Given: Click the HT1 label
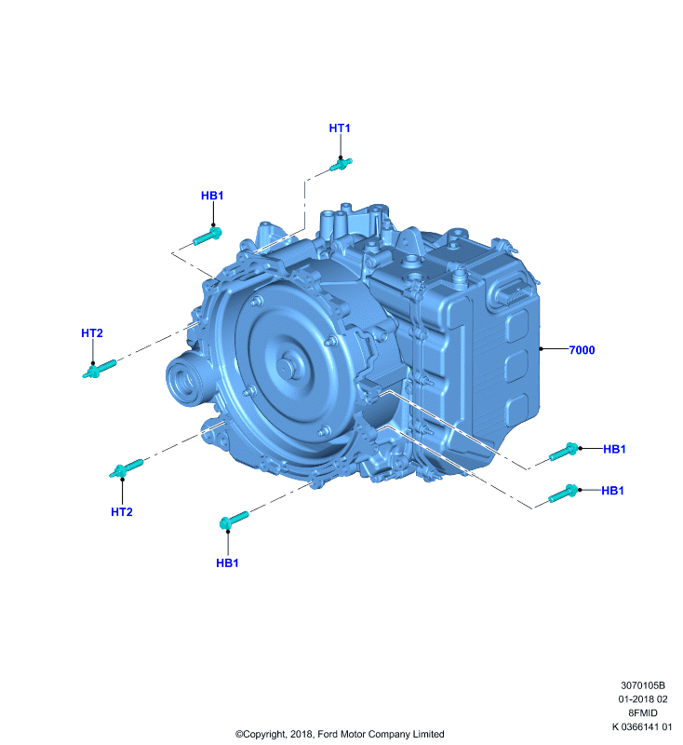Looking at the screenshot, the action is [340, 129].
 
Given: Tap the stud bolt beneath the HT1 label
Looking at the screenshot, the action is [341, 165].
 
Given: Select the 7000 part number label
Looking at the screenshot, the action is [582, 350].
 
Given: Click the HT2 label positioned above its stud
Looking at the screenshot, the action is [91, 333].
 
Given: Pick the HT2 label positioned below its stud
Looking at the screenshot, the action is [122, 511].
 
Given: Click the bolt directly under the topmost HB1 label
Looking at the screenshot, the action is [208, 237].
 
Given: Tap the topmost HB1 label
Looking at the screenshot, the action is [212, 196].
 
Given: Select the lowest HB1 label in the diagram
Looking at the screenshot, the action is [227, 563].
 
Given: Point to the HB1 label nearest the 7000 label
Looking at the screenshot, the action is [614, 449].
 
